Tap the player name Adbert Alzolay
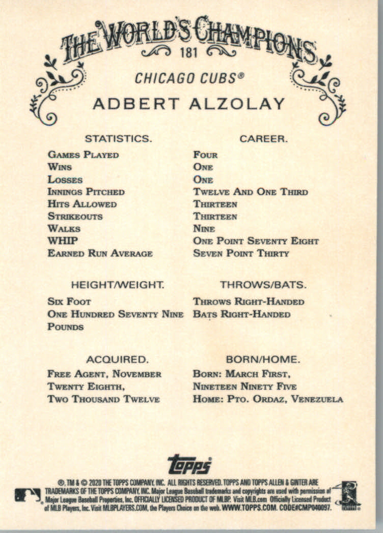pyautogui.click(x=189, y=104)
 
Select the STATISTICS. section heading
pyautogui.click(x=118, y=138)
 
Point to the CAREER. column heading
pyautogui.click(x=264, y=138)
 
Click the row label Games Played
pyautogui.click(x=83, y=155)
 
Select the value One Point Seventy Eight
pyautogui.click(x=256, y=241)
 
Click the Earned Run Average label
pyautogui.click(x=100, y=253)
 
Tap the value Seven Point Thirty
pyautogui.click(x=241, y=253)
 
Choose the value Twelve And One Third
pyautogui.click(x=251, y=192)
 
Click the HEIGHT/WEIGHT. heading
pyautogui.click(x=118, y=285)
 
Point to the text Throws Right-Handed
pyautogui.click(x=249, y=302)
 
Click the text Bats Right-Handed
pyautogui.click(x=241, y=314)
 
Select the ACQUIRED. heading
pyautogui.click(x=117, y=360)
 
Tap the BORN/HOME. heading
pyautogui.click(x=263, y=360)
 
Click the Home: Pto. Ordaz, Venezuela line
pyautogui.click(x=268, y=399)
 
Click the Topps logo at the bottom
pyautogui.click(x=189, y=464)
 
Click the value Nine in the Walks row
pyautogui.click(x=204, y=229)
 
